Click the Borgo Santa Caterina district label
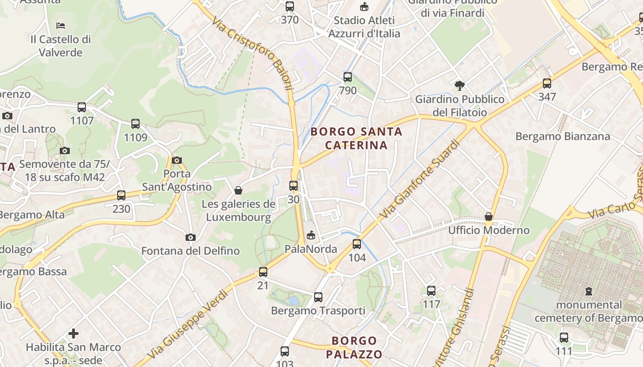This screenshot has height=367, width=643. (356, 139)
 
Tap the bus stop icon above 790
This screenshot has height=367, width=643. (348, 77)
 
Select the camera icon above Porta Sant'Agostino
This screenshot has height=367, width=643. (177, 160)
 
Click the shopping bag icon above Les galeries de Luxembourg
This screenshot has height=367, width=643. (238, 190)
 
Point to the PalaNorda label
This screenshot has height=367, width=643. (311, 249)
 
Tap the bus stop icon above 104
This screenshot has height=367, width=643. (357, 244)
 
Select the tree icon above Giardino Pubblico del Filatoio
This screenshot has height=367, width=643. (459, 85)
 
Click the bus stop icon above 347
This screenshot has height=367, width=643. (547, 83)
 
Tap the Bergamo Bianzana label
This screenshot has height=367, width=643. (563, 136)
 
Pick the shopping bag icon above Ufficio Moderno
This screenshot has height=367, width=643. (489, 217)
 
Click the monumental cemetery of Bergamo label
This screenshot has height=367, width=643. (589, 311)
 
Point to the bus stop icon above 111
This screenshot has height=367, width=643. (564, 338)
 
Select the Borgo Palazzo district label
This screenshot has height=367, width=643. (354, 347)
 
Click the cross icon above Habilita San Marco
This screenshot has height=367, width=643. (73, 334)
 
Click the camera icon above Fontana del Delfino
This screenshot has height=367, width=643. (191, 237)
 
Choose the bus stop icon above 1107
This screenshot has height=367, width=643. (82, 107)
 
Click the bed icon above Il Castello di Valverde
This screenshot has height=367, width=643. (61, 25)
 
